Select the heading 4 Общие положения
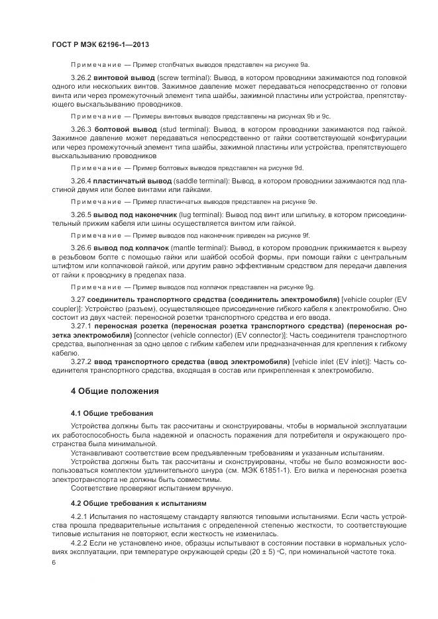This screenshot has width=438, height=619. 115,391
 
